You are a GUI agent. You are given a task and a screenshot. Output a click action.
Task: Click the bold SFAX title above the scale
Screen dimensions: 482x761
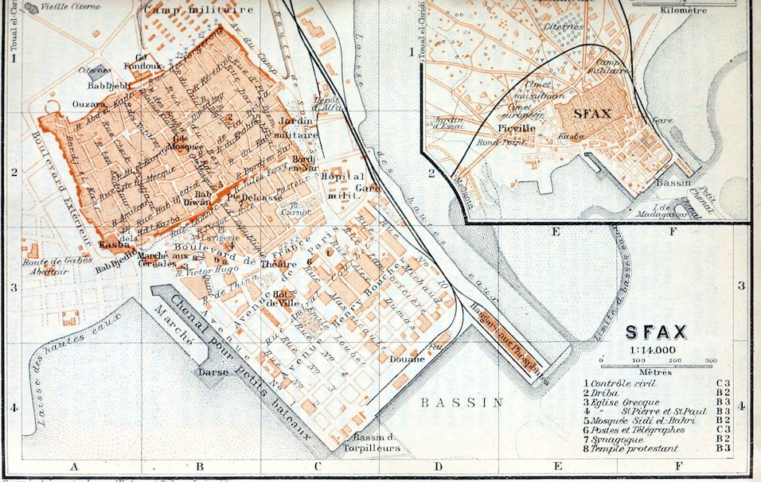(x=658, y=332)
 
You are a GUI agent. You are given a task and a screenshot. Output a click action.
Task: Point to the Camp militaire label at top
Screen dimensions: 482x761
(x=199, y=10)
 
